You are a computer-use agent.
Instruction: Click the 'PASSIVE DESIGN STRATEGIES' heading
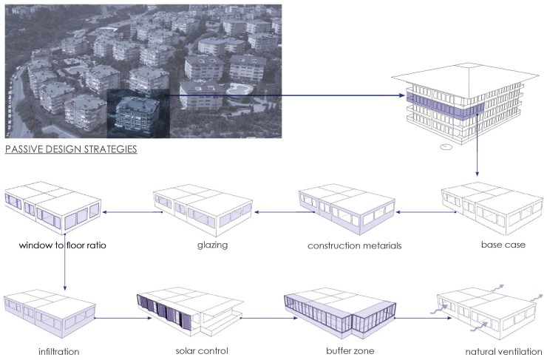coord(71,149)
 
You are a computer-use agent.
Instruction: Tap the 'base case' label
coord(503,245)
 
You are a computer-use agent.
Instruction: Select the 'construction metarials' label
coord(354,245)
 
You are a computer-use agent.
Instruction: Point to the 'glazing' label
coord(212,245)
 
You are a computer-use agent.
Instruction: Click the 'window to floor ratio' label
coord(62,245)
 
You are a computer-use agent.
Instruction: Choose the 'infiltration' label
coord(59,351)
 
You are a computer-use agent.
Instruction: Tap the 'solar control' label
coord(202,350)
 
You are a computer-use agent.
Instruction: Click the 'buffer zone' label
coord(350,350)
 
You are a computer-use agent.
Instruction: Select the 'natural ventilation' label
coord(503,351)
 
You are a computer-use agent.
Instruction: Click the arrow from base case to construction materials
coord(426,211)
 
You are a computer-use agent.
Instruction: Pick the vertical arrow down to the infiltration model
coord(65,265)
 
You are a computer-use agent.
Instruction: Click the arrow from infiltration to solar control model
coord(123,318)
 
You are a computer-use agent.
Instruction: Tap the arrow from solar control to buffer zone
coord(268,318)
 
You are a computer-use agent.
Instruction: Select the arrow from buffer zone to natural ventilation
coord(423,318)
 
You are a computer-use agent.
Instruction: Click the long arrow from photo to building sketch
coord(285,95)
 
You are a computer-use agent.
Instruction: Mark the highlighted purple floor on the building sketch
coord(445,104)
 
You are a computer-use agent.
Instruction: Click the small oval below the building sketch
coord(446,147)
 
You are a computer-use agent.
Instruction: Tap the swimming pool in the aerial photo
coord(239,89)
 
